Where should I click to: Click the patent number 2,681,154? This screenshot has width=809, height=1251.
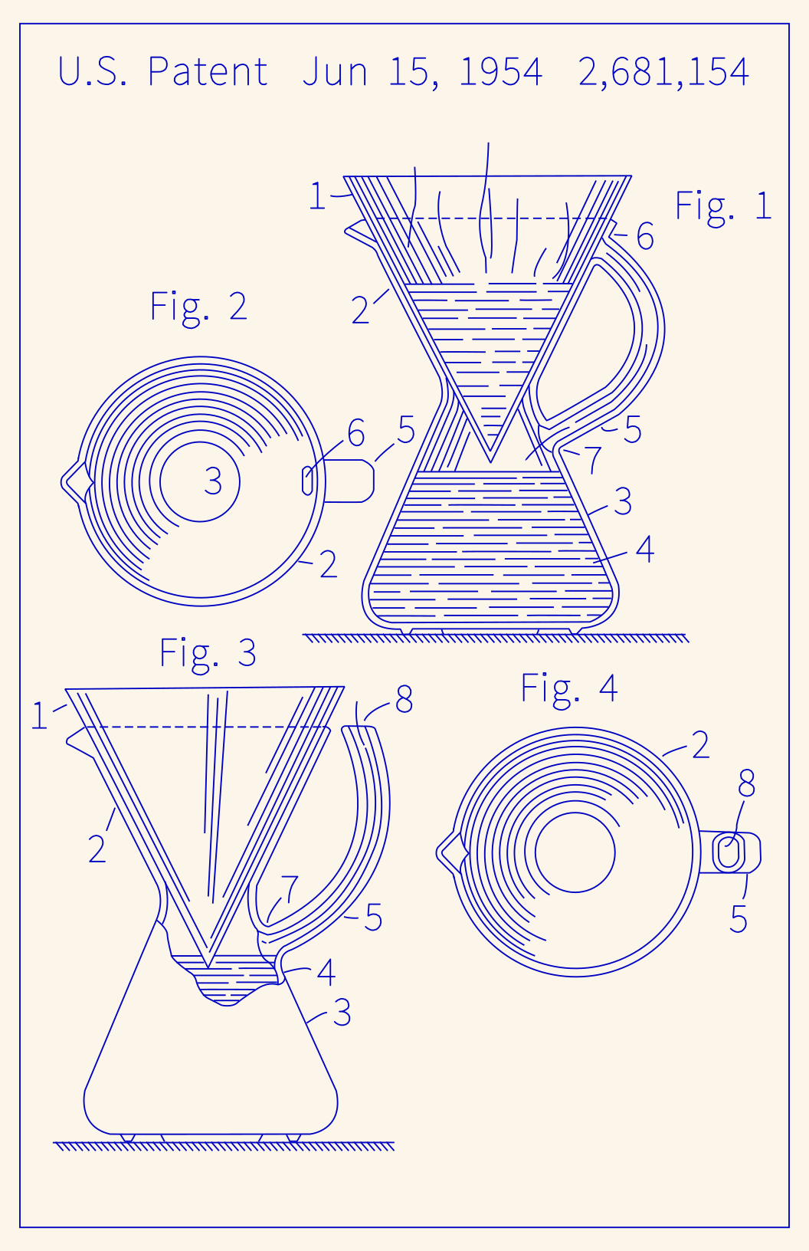(663, 72)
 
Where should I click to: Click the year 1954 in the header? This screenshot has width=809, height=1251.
(500, 72)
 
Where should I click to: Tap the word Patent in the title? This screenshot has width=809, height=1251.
(207, 72)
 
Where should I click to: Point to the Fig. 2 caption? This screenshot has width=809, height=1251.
(198, 307)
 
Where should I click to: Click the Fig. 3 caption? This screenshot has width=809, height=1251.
(208, 653)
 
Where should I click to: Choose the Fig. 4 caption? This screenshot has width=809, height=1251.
(568, 688)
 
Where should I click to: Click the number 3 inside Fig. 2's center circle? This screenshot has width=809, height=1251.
(213, 481)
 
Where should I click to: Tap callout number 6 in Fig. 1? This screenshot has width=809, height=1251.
(645, 237)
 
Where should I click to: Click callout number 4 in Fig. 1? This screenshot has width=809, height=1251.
(645, 550)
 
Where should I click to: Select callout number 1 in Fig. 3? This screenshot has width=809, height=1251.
(39, 717)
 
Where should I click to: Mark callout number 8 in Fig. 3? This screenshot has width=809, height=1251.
(404, 699)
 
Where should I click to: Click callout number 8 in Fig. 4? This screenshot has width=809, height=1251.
(746, 783)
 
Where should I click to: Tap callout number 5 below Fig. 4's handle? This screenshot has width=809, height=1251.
(738, 919)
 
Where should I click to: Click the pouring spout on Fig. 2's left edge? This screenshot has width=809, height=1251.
(71, 482)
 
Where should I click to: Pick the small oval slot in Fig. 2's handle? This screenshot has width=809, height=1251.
(308, 481)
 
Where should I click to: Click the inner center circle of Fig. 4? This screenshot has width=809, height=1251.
(575, 852)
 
